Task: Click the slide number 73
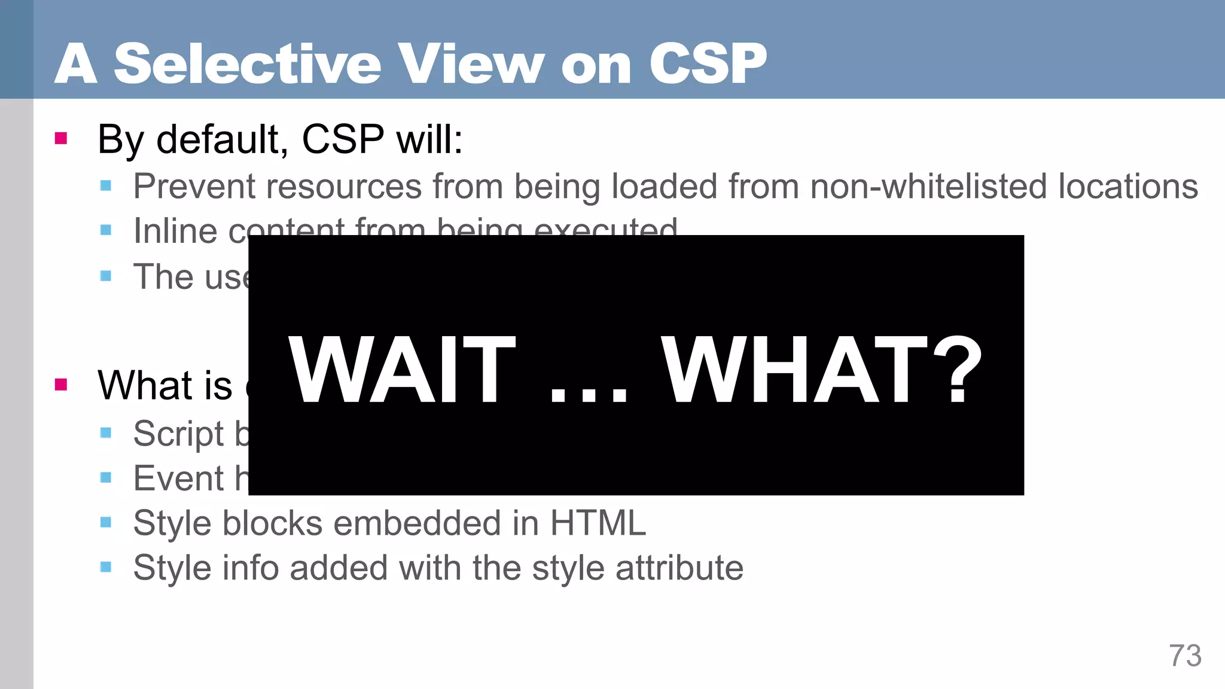pos(1185,656)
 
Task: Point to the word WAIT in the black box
pos(401,370)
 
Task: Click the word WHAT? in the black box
pos(822,370)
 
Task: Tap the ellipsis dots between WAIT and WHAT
pos(589,395)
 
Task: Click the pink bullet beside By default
pos(61,139)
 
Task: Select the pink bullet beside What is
pos(61,384)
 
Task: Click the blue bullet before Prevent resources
pos(106,185)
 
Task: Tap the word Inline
pos(175,231)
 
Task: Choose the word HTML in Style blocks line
pos(598,523)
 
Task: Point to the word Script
pos(178,434)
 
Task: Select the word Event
pos(178,478)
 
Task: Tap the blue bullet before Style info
pos(106,567)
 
